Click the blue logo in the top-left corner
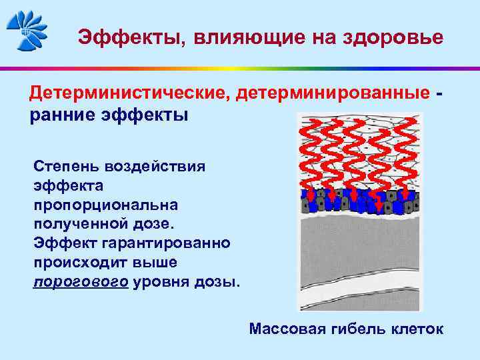tap(27, 29)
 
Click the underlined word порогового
tap(81, 282)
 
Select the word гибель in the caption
tap(355, 329)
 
